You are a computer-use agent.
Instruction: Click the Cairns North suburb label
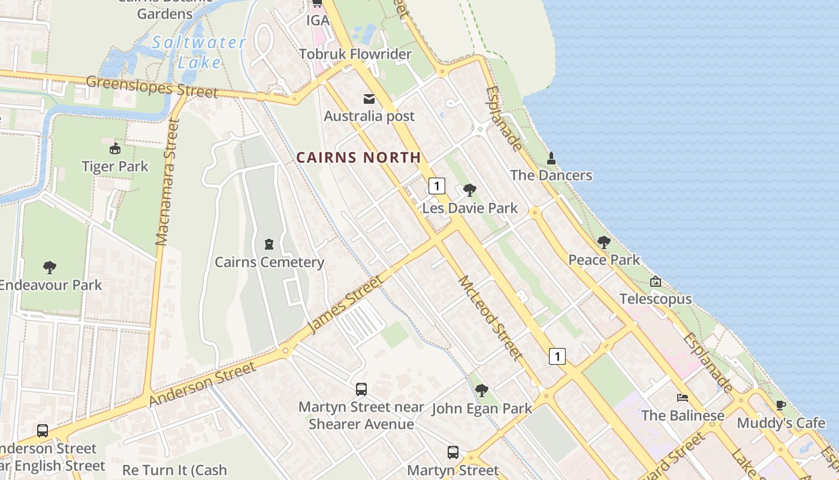tap(358, 158)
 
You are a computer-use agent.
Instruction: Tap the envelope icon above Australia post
tap(369, 99)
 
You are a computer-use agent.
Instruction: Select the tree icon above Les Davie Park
tap(470, 190)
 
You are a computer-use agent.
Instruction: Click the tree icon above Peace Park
tap(604, 242)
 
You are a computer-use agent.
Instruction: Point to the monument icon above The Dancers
tap(551, 158)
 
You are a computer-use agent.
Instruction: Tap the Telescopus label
tap(656, 299)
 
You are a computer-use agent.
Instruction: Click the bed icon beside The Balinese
tap(682, 398)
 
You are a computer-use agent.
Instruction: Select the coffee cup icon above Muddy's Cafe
tap(781, 405)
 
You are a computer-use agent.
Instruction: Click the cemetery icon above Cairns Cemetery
tap(269, 244)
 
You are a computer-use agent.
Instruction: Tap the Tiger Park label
tap(115, 166)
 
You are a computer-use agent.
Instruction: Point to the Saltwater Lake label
tap(198, 52)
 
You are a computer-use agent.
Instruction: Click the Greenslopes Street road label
tap(152, 86)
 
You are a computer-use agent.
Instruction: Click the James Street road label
tap(345, 304)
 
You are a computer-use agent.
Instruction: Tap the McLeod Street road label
tap(490, 318)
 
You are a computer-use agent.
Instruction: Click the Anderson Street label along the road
tap(203, 383)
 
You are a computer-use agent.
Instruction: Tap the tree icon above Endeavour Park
tap(50, 268)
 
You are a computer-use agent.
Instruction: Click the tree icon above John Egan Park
tap(481, 391)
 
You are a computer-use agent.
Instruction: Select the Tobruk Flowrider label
tap(355, 54)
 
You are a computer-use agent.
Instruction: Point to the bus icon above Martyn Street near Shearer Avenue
tap(361, 389)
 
